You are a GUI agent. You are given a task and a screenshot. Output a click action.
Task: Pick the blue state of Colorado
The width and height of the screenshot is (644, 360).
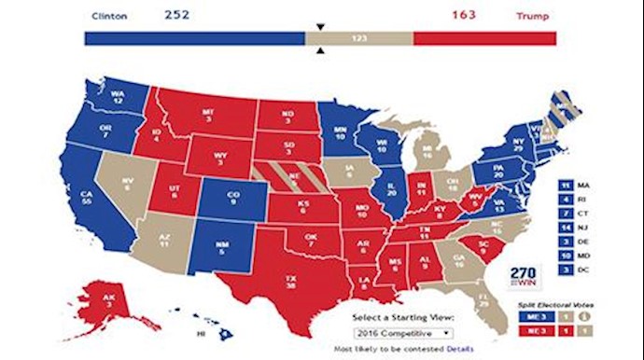[231, 199]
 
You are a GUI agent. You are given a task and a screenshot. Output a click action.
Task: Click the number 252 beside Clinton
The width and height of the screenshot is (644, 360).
[177, 15]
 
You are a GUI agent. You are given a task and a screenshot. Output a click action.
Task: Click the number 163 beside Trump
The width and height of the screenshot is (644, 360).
[465, 15]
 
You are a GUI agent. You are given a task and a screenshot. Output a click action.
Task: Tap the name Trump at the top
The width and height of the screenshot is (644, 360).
[533, 16]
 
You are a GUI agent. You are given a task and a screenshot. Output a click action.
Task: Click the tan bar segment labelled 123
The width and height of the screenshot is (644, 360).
[358, 38]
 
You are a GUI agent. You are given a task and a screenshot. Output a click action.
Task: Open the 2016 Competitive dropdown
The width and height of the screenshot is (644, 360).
[404, 331]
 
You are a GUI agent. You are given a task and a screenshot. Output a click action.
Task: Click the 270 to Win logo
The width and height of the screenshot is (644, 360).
[526, 277]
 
